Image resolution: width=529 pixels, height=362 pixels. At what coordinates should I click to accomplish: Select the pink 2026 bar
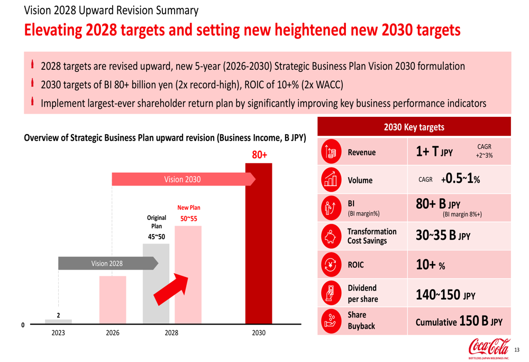point(113,299)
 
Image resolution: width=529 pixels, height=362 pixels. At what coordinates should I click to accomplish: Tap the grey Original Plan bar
point(156,283)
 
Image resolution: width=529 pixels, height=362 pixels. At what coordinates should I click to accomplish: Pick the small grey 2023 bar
point(58,321)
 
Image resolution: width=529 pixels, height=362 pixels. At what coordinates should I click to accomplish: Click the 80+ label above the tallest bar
point(259,155)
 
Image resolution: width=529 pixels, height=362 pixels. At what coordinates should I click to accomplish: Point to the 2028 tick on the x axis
point(171,333)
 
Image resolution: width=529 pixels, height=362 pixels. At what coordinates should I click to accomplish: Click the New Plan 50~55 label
point(188,214)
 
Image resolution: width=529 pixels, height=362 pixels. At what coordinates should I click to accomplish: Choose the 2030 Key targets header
point(414,127)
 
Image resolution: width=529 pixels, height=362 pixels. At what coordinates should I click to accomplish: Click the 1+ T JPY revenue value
point(434,152)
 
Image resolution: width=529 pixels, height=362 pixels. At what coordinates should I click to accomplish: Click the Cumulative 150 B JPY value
point(459,321)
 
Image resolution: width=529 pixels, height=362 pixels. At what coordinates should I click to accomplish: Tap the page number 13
point(517,349)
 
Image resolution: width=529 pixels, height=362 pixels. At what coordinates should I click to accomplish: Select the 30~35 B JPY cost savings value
point(443,235)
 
